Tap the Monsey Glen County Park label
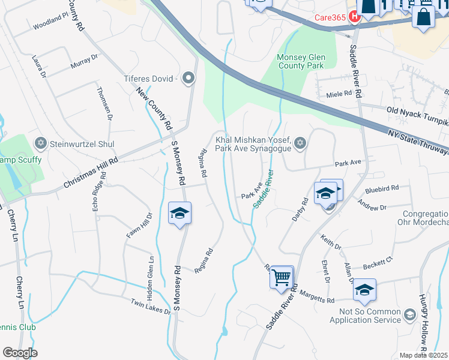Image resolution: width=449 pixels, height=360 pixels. point(308,62)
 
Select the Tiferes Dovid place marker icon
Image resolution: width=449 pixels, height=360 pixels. point(189,79)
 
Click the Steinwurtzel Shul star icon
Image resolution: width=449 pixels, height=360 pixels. point(41,144)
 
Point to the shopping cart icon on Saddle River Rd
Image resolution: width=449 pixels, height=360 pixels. point(281,277)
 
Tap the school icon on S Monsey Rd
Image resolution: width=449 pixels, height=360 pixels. point(179,214)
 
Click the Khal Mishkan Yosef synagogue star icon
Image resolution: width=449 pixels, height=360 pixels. point(300,143)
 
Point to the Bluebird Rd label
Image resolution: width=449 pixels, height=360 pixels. point(382,189)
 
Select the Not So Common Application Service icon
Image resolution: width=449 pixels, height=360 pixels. point(409,315)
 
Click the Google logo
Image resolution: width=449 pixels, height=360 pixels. point(20,353)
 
